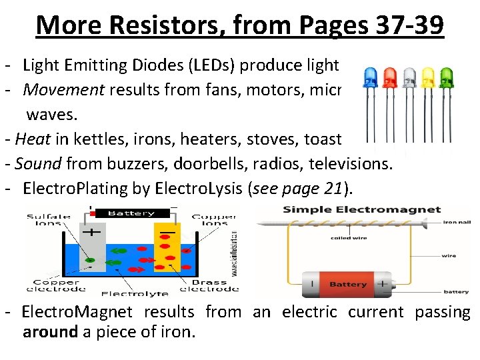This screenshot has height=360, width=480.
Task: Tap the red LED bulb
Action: [x=390, y=79]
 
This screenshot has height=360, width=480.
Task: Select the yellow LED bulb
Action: [x=428, y=79]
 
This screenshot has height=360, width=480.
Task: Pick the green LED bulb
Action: [x=446, y=79]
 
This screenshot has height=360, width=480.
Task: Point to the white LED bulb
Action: [x=409, y=79]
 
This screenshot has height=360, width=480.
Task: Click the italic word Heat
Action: [x=29, y=139]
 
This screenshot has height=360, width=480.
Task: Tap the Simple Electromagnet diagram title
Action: [x=362, y=209]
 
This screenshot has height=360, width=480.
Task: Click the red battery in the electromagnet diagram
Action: [x=345, y=283]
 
